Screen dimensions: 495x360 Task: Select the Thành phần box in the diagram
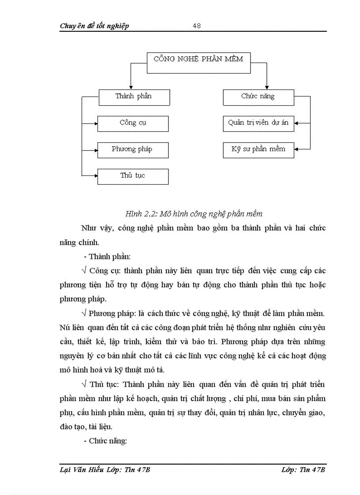tap(133, 97)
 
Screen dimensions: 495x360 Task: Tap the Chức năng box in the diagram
tap(258, 97)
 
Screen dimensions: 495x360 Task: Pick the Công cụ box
tap(133, 123)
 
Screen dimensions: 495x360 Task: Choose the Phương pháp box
tap(133, 150)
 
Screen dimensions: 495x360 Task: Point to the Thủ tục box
tap(133, 176)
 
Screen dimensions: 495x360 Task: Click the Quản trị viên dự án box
tap(258, 123)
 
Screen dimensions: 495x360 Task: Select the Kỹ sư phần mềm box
tap(258, 150)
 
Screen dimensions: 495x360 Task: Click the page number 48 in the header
tap(197, 26)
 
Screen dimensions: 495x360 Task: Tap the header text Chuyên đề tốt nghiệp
tap(94, 26)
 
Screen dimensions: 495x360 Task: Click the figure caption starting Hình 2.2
tap(194, 214)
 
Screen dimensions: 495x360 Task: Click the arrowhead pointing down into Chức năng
tap(267, 87)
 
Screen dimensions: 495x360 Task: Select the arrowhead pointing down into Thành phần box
tap(129, 87)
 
